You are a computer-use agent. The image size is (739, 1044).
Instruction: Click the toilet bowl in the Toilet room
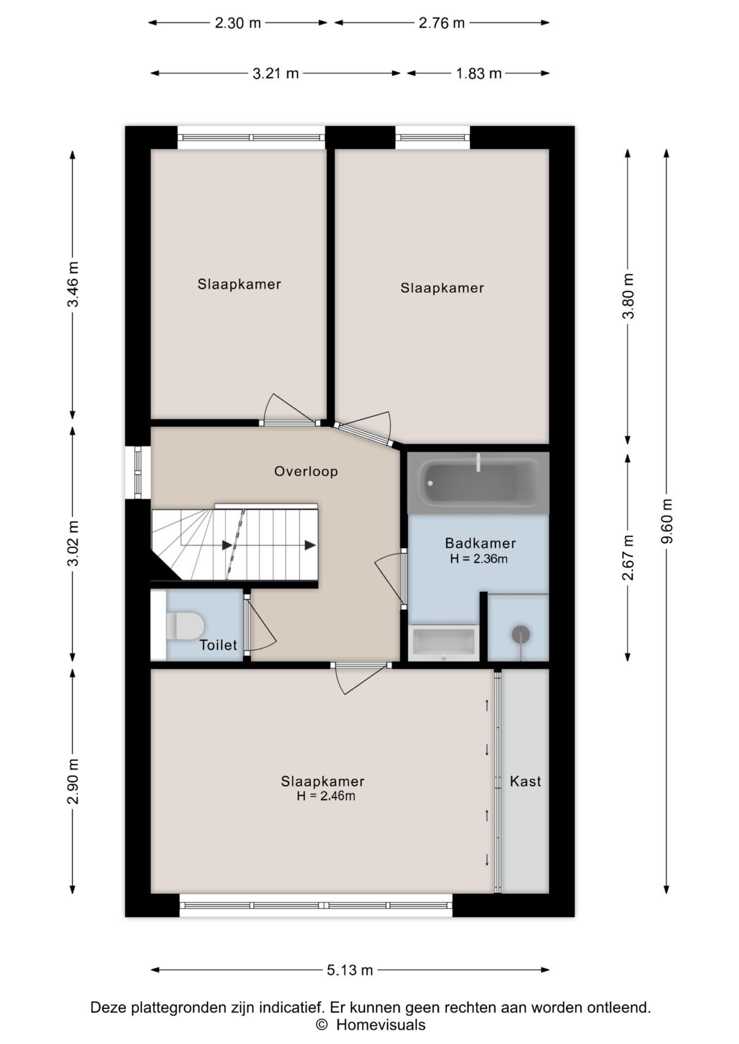click(184, 626)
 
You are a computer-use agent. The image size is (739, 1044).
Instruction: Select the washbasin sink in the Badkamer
click(444, 643)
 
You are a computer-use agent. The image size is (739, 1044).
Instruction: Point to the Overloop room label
click(306, 471)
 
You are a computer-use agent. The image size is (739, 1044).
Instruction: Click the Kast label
click(525, 781)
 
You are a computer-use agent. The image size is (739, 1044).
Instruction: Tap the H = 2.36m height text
click(479, 558)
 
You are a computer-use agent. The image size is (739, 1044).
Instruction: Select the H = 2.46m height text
click(326, 796)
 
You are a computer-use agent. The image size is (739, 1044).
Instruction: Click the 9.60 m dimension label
click(667, 521)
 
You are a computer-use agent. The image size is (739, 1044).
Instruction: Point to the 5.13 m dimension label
click(350, 970)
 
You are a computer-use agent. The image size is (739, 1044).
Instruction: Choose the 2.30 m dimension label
click(238, 23)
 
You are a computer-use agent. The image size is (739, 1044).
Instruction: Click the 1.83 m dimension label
click(478, 73)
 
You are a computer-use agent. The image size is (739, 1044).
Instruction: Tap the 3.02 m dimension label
click(73, 544)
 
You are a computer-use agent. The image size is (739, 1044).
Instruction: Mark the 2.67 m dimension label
click(628, 558)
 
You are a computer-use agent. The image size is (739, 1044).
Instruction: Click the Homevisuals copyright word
click(381, 1025)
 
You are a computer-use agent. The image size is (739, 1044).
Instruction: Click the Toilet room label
click(218, 645)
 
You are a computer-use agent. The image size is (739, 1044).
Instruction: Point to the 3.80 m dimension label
click(628, 296)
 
